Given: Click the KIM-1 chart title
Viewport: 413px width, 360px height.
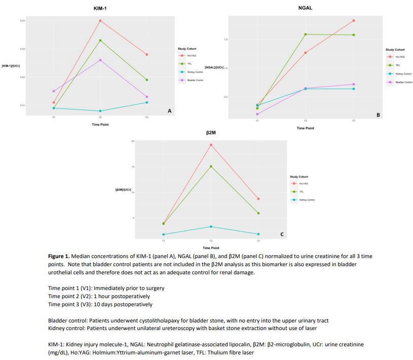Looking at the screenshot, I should (x=100, y=9).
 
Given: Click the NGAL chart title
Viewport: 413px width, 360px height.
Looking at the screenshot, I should (x=305, y=7).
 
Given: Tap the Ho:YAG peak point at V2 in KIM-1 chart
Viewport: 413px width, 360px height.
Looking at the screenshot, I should (x=100, y=21).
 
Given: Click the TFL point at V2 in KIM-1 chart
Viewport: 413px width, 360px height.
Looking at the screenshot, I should (x=100, y=41).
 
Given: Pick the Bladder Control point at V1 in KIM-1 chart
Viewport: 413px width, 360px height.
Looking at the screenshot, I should (x=54, y=91).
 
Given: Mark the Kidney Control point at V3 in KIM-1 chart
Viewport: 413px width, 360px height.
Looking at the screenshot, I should (x=147, y=102).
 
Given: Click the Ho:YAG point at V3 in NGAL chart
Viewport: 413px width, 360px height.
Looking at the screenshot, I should (x=354, y=21).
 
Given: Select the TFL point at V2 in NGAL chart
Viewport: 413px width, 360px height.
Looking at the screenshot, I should (x=306, y=34).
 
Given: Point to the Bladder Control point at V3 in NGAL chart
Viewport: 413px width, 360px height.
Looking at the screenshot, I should (x=354, y=84).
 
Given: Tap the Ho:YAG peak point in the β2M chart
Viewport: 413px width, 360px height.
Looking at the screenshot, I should (x=211, y=145).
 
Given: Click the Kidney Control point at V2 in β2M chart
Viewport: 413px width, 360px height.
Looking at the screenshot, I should (x=211, y=227).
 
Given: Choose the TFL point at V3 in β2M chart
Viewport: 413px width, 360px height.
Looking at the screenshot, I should (x=258, y=213).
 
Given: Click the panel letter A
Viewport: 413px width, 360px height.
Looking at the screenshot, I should (x=169, y=111).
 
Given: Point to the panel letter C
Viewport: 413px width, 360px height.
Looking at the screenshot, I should (x=282, y=234).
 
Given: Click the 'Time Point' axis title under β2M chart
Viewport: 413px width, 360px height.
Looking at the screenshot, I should (x=211, y=247).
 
